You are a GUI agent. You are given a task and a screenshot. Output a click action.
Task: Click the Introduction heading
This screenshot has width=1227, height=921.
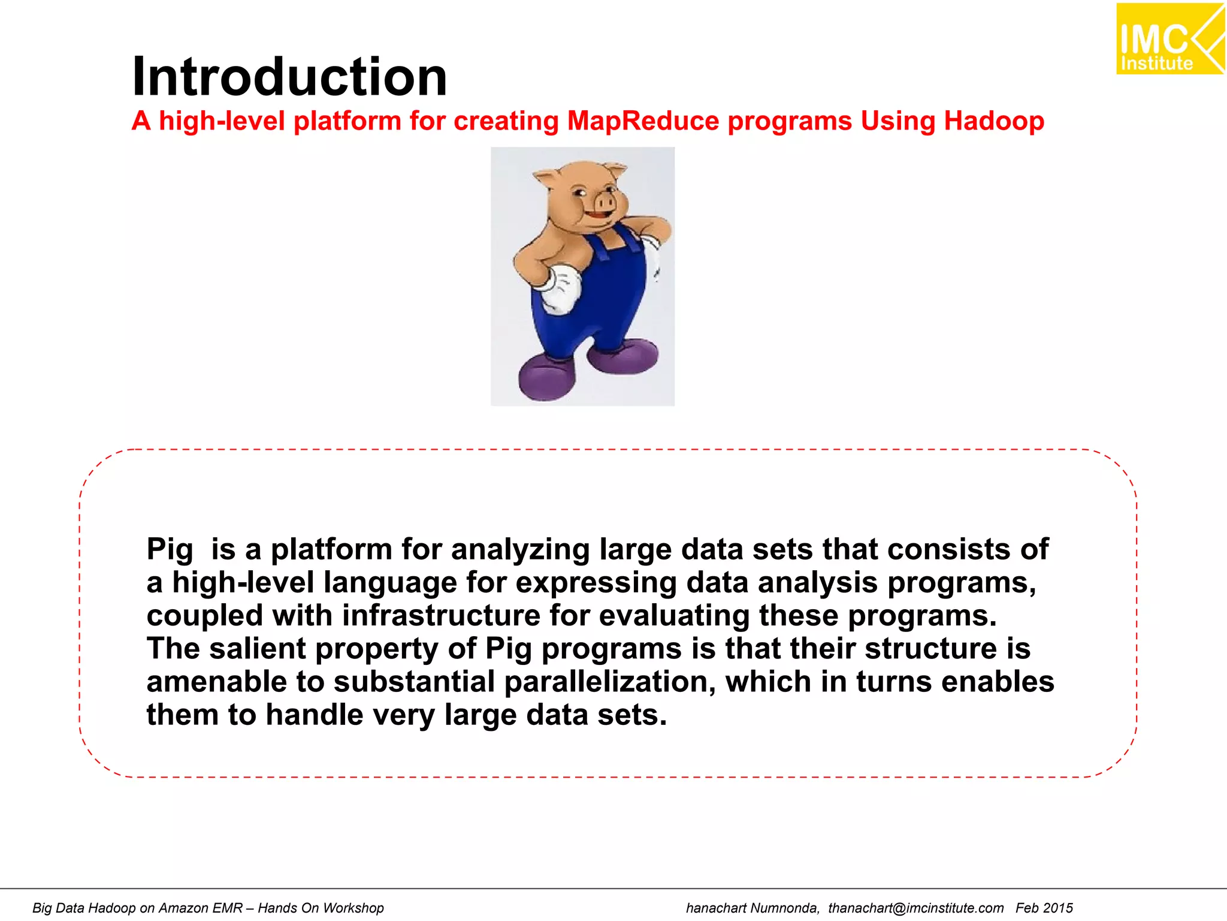[x=289, y=77]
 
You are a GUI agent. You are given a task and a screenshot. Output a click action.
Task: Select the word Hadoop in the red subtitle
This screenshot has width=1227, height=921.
[x=994, y=121]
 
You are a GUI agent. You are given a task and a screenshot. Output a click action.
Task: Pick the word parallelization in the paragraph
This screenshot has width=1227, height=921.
[x=610, y=682]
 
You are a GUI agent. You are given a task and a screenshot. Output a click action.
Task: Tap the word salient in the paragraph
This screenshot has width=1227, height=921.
[x=258, y=649]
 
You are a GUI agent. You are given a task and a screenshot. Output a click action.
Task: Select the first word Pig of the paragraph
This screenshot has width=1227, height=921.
[x=170, y=550]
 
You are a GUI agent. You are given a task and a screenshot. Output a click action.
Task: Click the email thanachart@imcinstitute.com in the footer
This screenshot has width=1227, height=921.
[x=915, y=908]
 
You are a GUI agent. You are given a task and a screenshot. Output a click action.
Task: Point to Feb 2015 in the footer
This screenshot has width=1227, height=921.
[x=1044, y=908]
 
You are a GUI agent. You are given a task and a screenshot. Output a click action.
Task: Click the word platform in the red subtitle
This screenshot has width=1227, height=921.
[x=347, y=121]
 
